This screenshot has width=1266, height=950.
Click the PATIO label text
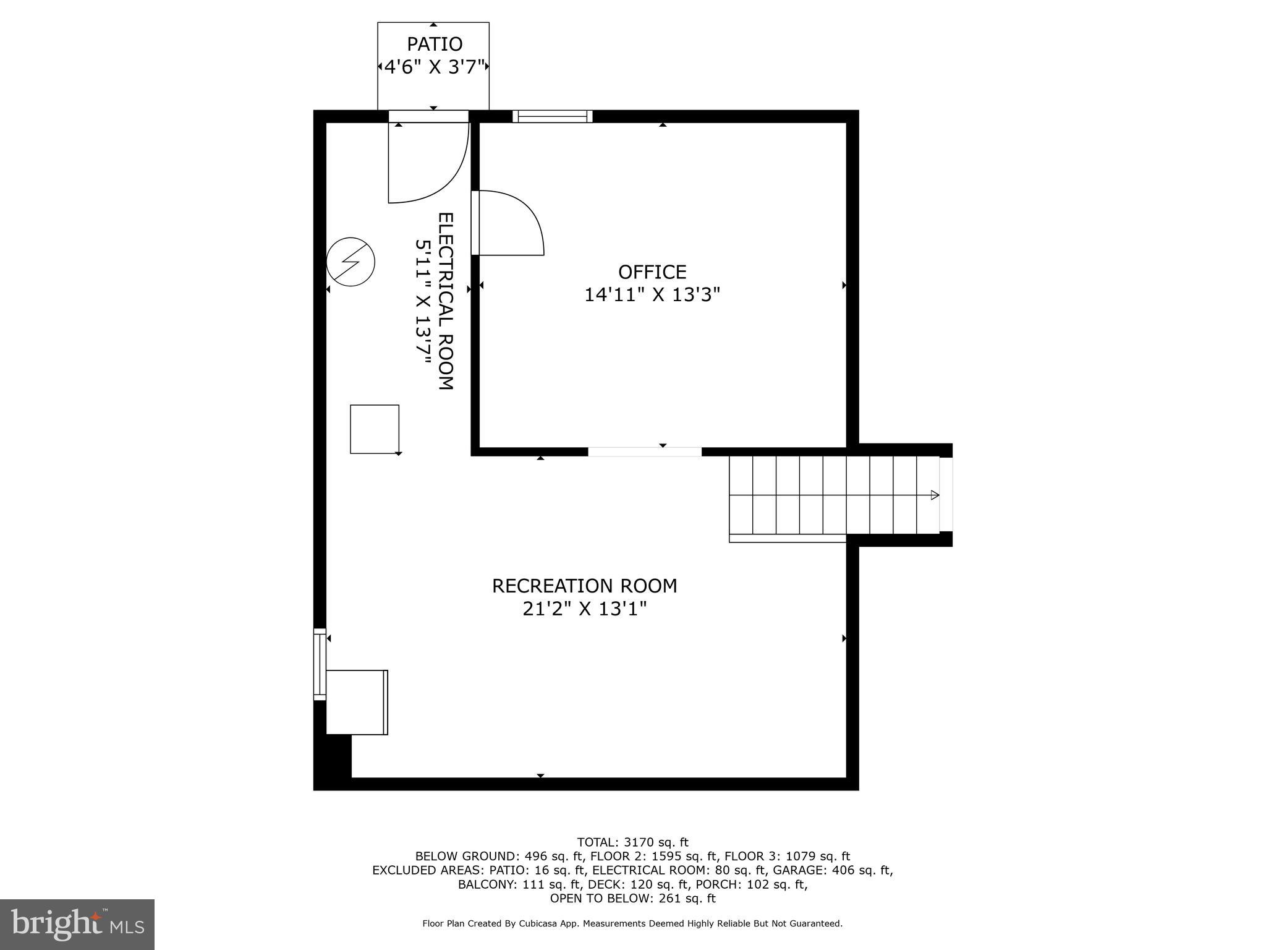(434, 44)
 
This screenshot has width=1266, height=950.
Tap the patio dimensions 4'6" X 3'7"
(434, 67)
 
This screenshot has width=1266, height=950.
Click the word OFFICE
(652, 272)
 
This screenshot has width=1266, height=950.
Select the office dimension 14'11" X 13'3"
(652, 295)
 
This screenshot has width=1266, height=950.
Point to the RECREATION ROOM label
(584, 586)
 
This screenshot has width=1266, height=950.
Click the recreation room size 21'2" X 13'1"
(584, 609)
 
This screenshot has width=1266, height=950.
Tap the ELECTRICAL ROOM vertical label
(446, 301)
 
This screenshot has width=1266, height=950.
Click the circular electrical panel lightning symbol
(350, 262)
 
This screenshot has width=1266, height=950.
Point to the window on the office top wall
(552, 116)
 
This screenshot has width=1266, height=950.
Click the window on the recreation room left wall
(320, 664)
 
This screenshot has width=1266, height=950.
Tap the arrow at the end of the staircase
(934, 495)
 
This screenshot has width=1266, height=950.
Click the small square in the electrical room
(375, 429)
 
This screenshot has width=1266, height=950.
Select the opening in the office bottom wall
(644, 452)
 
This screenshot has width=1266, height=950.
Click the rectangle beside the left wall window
(357, 702)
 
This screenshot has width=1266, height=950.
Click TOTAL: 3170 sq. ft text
(632, 842)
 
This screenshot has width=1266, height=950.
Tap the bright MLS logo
(77, 924)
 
